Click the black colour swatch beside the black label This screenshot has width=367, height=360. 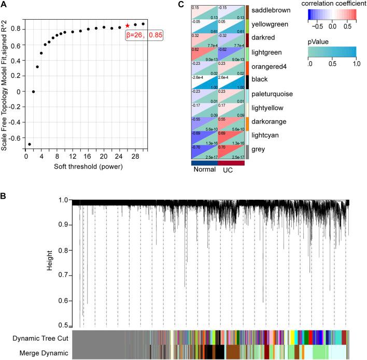coord(248,80)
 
